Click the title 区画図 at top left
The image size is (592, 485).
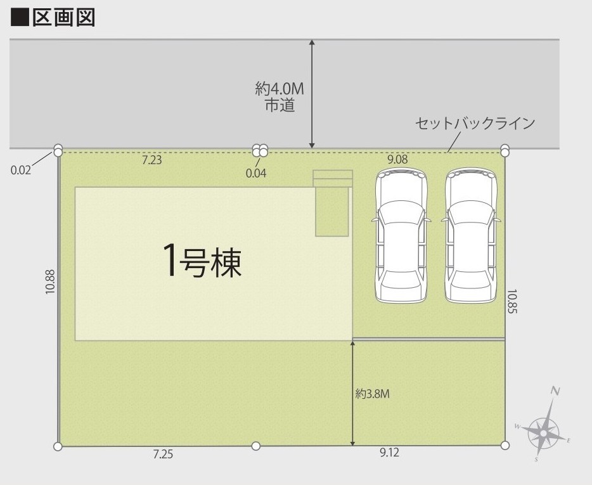click(64, 18)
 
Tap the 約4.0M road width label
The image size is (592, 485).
click(280, 89)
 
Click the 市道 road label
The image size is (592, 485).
click(280, 105)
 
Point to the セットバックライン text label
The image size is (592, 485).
click(475, 123)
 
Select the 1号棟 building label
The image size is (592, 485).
click(202, 261)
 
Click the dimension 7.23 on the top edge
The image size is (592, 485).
click(151, 160)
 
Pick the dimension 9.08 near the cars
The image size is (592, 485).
click(397, 159)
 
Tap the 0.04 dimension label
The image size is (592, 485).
click(256, 173)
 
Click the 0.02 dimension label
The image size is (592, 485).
click(21, 170)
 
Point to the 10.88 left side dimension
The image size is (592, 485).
click(51, 281)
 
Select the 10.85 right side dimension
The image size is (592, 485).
click(512, 301)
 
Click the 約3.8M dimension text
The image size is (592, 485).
click(372, 394)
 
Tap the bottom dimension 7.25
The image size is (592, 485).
click(163, 454)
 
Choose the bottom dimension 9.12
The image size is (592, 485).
click(389, 452)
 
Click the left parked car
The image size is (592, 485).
click(401, 235)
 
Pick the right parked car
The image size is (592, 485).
click(471, 235)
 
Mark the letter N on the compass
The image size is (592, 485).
click(555, 391)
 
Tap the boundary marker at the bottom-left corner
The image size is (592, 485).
click(58, 446)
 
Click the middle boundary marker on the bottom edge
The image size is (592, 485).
click(256, 446)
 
